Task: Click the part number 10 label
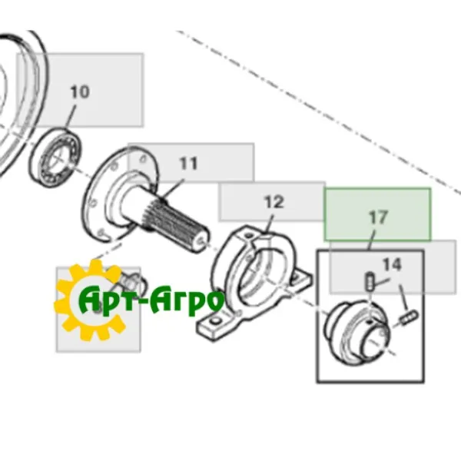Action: [80, 91]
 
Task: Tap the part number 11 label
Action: [188, 164]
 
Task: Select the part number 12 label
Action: [274, 202]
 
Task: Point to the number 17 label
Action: [378, 217]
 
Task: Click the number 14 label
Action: [392, 264]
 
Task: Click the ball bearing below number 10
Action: [55, 159]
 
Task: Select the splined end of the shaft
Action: [179, 226]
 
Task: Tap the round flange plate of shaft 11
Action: [118, 194]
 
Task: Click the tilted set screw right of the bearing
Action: [409, 317]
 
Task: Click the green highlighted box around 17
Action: [377, 214]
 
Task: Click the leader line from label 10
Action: [71, 117]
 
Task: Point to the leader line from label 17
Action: [372, 240]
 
